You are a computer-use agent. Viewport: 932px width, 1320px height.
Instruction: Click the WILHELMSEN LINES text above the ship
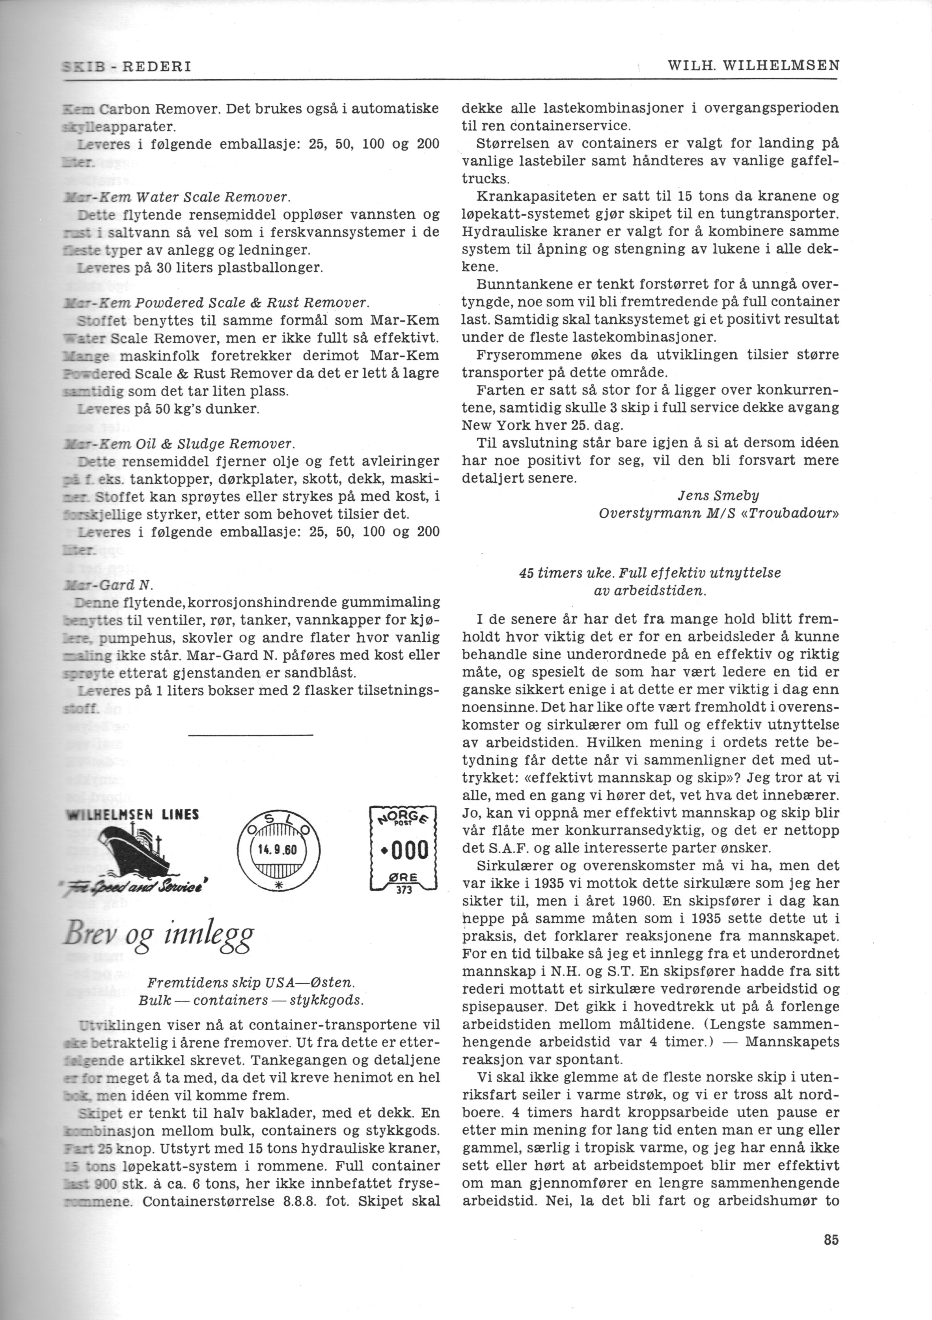coord(133,814)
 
